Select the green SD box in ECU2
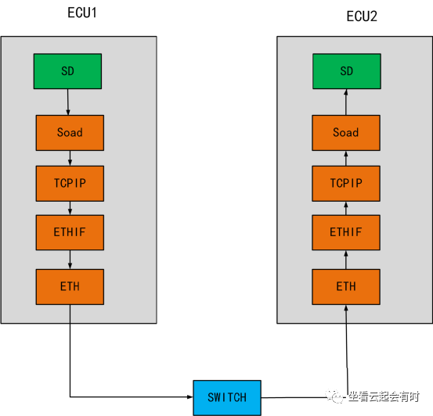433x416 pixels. (x=346, y=71)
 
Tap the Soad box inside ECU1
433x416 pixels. (x=70, y=132)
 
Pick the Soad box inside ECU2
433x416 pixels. (x=346, y=132)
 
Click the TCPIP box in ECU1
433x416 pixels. (x=70, y=184)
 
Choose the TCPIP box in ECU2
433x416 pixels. (x=346, y=184)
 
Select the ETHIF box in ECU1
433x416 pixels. (x=70, y=232)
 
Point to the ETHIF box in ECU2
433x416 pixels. (x=346, y=232)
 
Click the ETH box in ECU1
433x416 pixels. (x=70, y=286)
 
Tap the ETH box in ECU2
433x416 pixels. (x=346, y=286)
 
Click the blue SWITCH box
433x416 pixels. (x=227, y=397)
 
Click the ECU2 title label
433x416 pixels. (x=362, y=16)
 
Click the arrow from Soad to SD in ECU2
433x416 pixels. (x=346, y=102)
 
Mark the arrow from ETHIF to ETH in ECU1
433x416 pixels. (x=70, y=259)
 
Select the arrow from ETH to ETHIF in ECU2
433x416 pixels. (x=346, y=259)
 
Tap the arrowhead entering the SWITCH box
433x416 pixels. (x=189, y=397)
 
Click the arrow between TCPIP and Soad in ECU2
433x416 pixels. (x=346, y=158)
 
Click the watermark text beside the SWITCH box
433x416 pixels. (x=384, y=397)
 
